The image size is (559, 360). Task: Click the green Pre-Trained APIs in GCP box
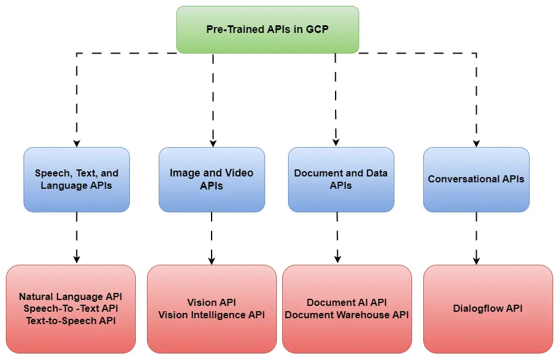[x=267, y=29]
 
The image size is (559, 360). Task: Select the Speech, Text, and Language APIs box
[x=76, y=179]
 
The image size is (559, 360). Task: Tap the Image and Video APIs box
[x=212, y=179]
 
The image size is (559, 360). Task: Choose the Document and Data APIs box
[x=341, y=179]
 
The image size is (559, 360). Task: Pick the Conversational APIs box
[x=476, y=179]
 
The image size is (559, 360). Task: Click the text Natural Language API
[x=71, y=297]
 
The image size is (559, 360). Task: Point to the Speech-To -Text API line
[x=71, y=309]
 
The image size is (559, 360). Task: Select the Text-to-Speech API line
[x=71, y=321]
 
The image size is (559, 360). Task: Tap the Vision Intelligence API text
[x=212, y=315]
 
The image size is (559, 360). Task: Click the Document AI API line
[x=347, y=303]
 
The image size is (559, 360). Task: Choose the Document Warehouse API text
[x=347, y=315]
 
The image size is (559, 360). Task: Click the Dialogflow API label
[x=488, y=308]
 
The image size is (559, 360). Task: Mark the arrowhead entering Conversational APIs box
[x=476, y=143]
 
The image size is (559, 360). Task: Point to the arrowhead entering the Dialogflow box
[x=476, y=260]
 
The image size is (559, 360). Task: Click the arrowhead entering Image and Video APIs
[x=213, y=143]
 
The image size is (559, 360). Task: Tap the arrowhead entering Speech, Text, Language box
[x=76, y=143]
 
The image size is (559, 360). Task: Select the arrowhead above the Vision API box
[x=212, y=260]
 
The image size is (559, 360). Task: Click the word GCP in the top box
[x=317, y=29]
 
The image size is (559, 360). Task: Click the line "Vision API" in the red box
[x=212, y=303]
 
